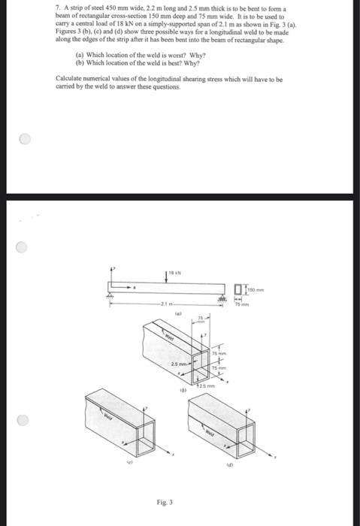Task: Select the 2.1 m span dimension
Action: coord(165,304)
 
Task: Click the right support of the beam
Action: coord(221,297)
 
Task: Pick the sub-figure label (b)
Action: coord(182,390)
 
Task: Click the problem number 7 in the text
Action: coord(58,7)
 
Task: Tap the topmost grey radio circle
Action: coord(26,139)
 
